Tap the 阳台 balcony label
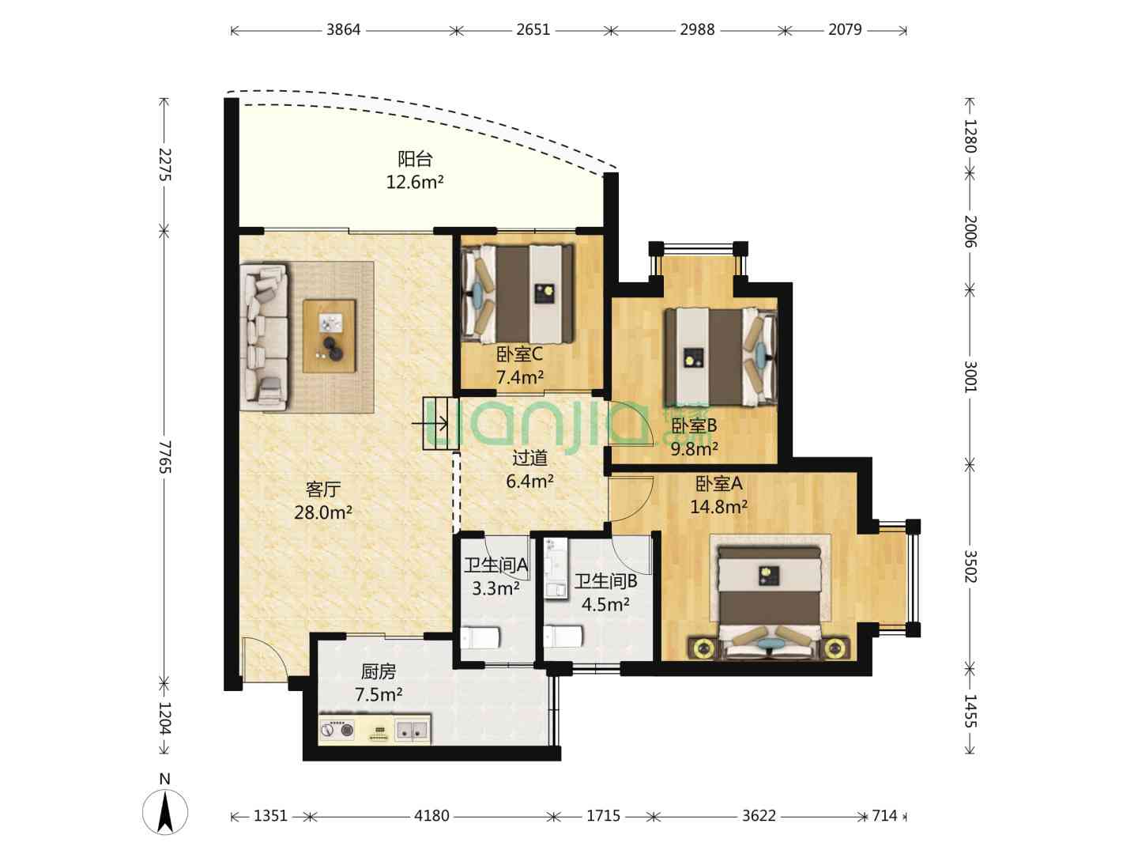tap(415, 159)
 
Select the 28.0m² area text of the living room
tap(323, 513)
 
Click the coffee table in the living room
tap(330, 335)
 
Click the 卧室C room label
tap(519, 354)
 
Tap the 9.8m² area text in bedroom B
tap(694, 448)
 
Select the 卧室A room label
tap(718, 484)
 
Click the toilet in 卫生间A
tap(480, 637)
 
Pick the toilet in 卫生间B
tap(563, 636)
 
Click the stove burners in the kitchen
tap(337, 730)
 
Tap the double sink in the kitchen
tap(413, 730)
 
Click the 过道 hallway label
tap(529, 458)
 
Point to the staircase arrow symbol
tap(430, 425)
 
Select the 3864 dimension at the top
tap(343, 29)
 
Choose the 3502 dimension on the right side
tap(970, 566)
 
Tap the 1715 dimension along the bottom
tap(604, 816)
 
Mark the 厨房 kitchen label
tap(379, 672)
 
